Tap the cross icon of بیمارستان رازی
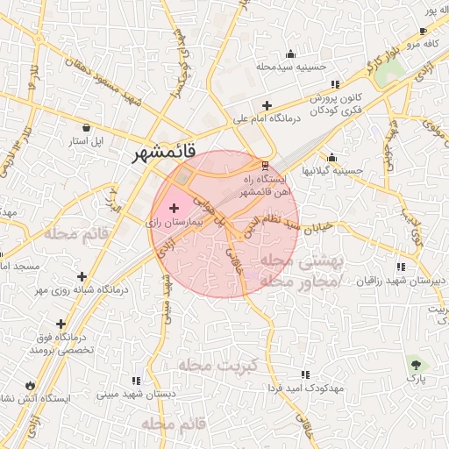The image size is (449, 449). pyautogui.click(x=174, y=209)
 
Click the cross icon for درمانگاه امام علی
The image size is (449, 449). pyautogui.click(x=267, y=105)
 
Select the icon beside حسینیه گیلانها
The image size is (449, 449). pyautogui.click(x=331, y=159)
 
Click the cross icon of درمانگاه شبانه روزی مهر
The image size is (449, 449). pyautogui.click(x=82, y=276)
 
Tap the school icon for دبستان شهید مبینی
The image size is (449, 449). pyautogui.click(x=136, y=381)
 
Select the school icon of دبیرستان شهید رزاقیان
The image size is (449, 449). pyautogui.click(x=400, y=267)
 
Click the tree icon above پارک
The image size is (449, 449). pyautogui.click(x=415, y=363)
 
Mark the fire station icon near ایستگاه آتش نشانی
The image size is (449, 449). pyautogui.click(x=31, y=384)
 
